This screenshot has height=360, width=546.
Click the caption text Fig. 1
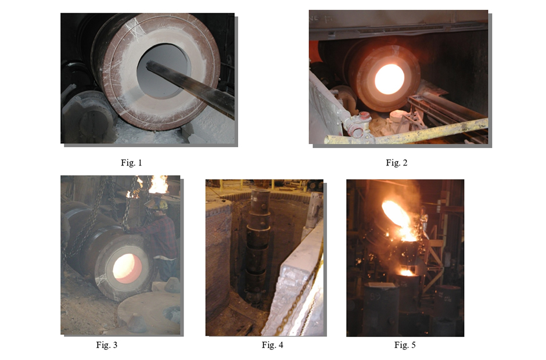pos(131,163)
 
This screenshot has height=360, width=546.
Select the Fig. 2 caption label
pos(396,163)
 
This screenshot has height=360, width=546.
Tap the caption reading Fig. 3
pos(106,345)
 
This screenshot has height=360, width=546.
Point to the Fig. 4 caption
pos(272,345)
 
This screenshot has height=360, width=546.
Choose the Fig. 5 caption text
pos(405,345)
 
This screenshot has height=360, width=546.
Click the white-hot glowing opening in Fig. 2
pos(389,79)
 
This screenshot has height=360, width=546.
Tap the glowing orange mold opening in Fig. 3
pos(127,268)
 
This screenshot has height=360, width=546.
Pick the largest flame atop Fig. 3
pos(159,185)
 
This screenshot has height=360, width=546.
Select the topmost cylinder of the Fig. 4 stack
pos(260,202)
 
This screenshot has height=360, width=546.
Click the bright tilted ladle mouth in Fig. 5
pos(396,214)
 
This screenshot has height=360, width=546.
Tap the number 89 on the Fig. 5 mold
pos(375,296)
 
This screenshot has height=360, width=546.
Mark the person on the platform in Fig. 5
pos(424,220)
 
